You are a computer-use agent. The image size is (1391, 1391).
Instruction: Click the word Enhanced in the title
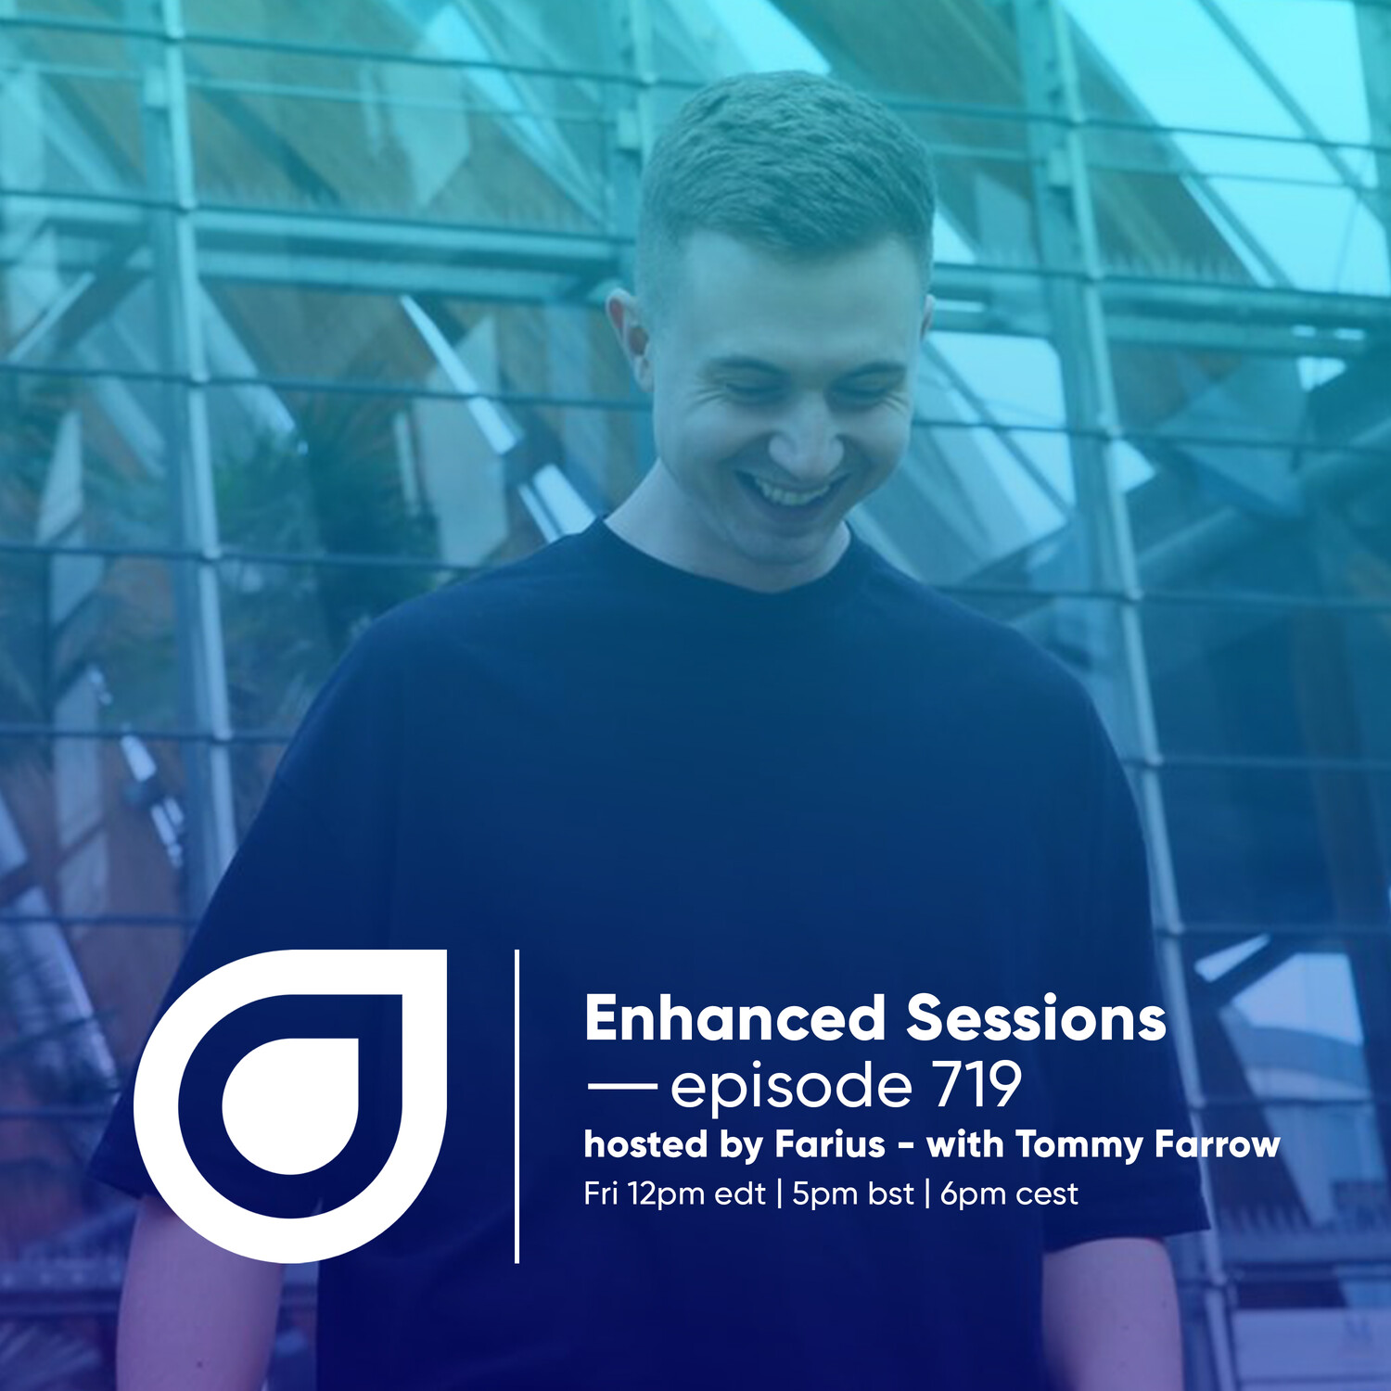pyautogui.click(x=734, y=1018)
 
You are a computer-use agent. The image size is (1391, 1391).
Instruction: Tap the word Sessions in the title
pyautogui.click(x=1036, y=1018)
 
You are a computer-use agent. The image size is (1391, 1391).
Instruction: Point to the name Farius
pyautogui.click(x=830, y=1144)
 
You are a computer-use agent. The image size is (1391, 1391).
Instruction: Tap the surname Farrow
pyautogui.click(x=1217, y=1144)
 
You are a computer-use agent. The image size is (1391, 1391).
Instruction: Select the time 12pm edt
pyautogui.click(x=696, y=1194)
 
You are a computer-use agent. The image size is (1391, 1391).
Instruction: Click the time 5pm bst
pyautogui.click(x=853, y=1194)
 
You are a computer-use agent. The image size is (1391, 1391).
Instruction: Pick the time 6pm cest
pyautogui.click(x=1009, y=1194)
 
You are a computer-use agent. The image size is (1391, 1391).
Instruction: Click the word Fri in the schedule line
pyautogui.click(x=601, y=1193)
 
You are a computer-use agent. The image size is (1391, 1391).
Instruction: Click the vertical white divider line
pyautogui.click(x=517, y=1105)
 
